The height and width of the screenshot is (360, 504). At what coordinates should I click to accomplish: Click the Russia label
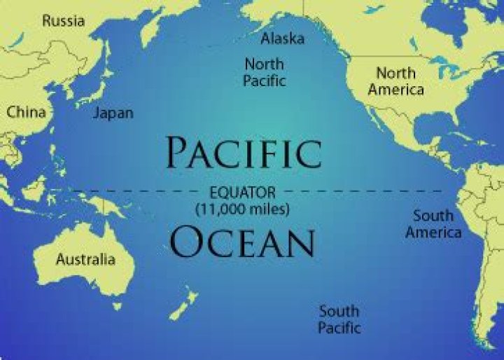click(63, 20)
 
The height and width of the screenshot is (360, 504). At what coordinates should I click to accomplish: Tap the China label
click(27, 112)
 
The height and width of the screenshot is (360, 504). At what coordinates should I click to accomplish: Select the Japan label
click(113, 113)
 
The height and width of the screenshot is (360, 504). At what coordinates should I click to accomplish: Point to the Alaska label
click(282, 38)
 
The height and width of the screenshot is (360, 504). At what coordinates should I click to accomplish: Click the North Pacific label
click(265, 72)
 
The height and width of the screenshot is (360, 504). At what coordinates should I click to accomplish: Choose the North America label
click(396, 81)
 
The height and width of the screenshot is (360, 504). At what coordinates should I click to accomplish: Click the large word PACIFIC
click(244, 152)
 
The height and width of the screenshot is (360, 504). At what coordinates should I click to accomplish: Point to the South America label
click(433, 223)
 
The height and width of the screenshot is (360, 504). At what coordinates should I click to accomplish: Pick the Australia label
click(85, 260)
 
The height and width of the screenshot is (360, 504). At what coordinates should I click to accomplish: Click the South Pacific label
click(339, 319)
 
